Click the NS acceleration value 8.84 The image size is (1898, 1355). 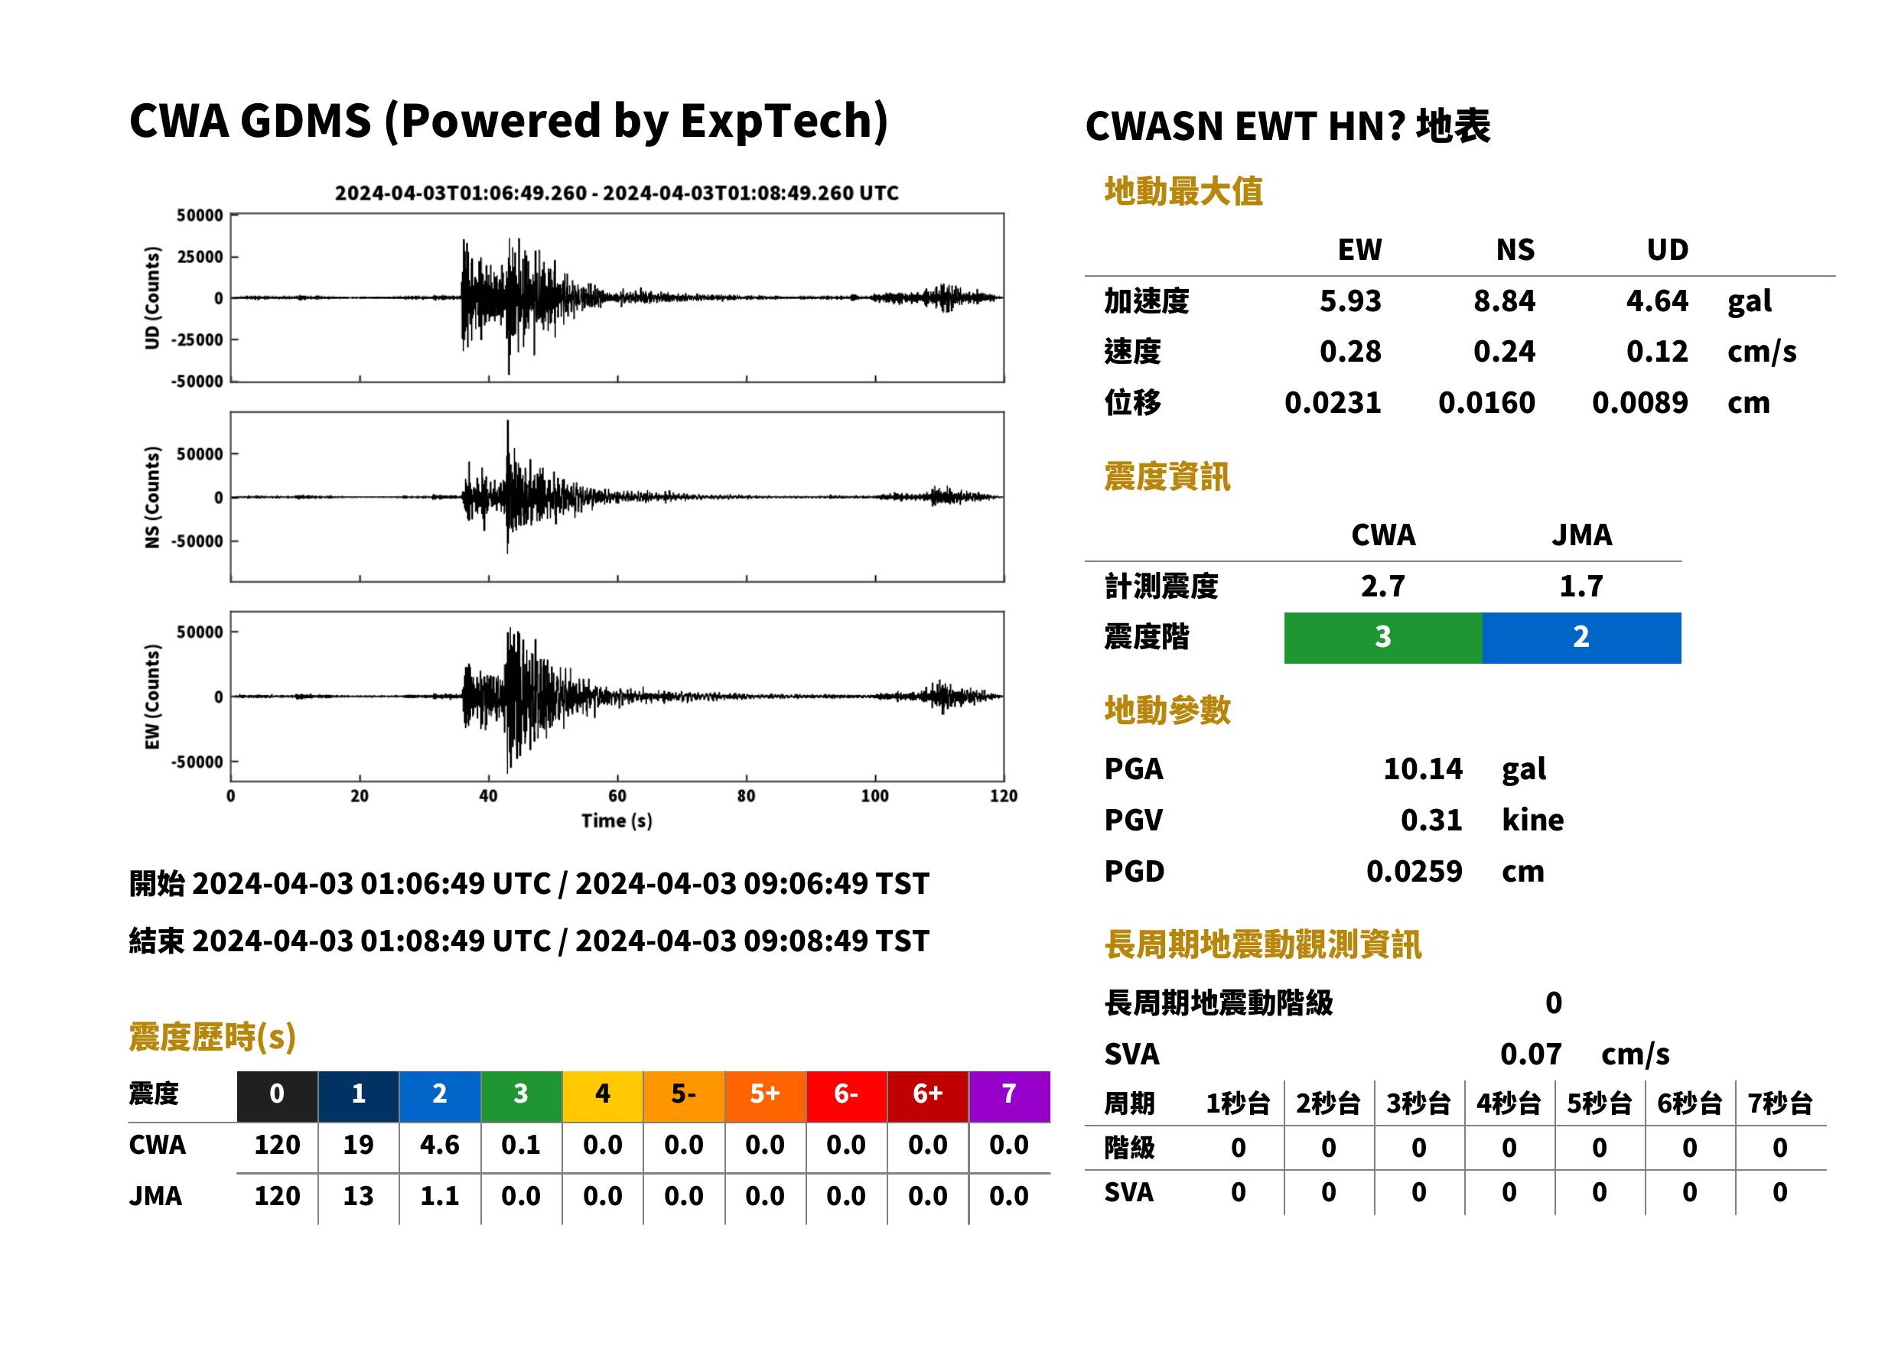coord(1503,301)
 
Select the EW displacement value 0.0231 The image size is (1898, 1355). coord(1332,402)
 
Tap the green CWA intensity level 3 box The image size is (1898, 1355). coord(1383,638)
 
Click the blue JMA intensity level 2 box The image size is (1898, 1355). coord(1582,638)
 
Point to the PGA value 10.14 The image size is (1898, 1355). coord(1422,768)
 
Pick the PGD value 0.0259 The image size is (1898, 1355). coord(1414,871)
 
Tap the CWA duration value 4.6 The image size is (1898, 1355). coord(440,1145)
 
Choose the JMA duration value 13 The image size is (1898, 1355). coord(358,1196)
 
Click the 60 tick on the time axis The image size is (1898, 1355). coord(617,796)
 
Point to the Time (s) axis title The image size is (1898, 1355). coord(617,821)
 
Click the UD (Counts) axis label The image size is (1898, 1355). coord(152,298)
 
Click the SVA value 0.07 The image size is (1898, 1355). coord(1530,1054)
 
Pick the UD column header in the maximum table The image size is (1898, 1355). coord(1667,249)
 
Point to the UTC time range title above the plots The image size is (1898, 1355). coord(617,193)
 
